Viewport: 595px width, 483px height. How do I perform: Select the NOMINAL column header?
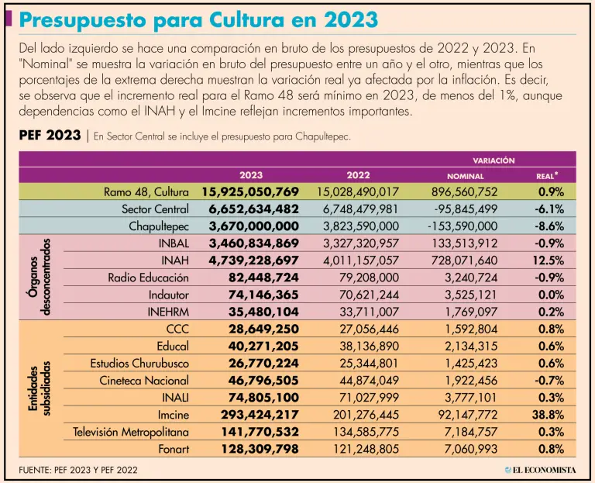tap(465, 176)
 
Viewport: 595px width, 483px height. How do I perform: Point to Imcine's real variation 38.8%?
tap(548, 415)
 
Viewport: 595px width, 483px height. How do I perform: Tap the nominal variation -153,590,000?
tap(462, 226)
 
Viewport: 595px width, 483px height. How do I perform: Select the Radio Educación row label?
tap(148, 277)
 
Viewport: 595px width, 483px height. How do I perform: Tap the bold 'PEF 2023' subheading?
tap(49, 136)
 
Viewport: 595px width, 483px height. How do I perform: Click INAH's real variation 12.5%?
tap(548, 260)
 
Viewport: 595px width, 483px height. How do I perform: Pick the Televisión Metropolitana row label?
tap(132, 432)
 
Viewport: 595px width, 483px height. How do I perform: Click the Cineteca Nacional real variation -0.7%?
tap(548, 380)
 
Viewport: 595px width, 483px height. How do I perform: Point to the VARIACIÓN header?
tap(494, 160)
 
